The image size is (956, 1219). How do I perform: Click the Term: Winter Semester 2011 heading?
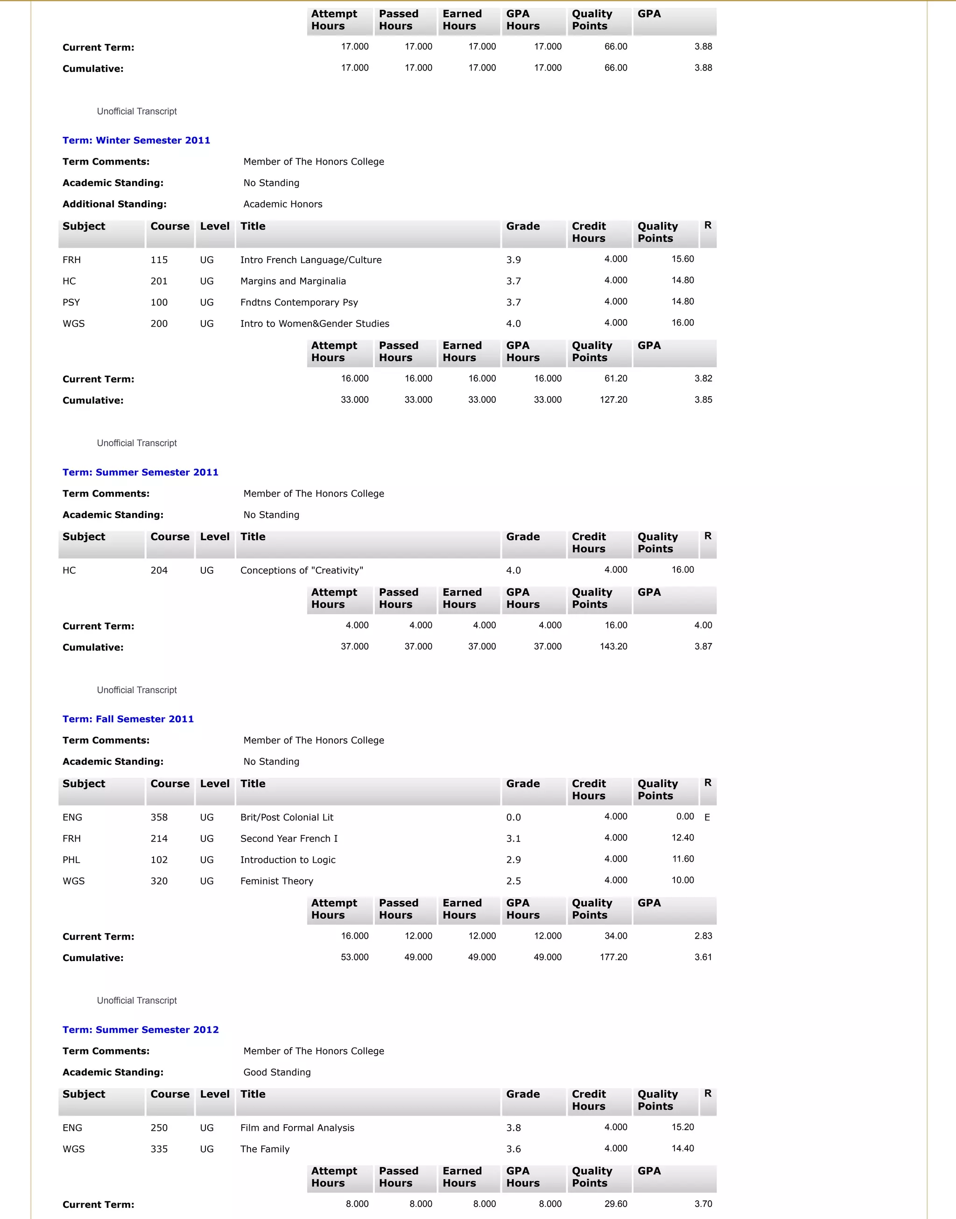coord(136,140)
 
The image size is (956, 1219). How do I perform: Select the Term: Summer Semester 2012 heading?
coord(141,1030)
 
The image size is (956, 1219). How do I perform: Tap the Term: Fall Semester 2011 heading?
coord(128,719)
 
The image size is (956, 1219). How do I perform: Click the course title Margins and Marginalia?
coord(293,281)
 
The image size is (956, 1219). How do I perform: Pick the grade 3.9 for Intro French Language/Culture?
coord(513,260)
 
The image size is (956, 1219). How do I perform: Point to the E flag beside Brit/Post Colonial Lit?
coord(707,817)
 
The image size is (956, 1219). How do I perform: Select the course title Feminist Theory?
coord(276,881)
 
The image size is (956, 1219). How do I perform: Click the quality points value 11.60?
coord(682,859)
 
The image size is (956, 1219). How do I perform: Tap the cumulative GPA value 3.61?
coord(703,957)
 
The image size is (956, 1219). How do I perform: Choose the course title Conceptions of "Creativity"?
coord(302,570)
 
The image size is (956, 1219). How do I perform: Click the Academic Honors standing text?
coord(283,204)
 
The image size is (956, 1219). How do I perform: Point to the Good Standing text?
coord(276,1072)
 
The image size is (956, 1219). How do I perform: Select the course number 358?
coord(159,817)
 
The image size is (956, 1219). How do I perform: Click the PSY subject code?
coord(71,302)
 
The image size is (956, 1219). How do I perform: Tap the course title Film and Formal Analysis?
coord(297,1128)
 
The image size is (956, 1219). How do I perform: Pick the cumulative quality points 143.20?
coord(613,647)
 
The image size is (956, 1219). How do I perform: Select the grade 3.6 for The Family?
coord(513,1149)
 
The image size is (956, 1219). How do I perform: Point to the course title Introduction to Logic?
coord(288,860)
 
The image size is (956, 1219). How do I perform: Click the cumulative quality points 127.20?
coord(613,399)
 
